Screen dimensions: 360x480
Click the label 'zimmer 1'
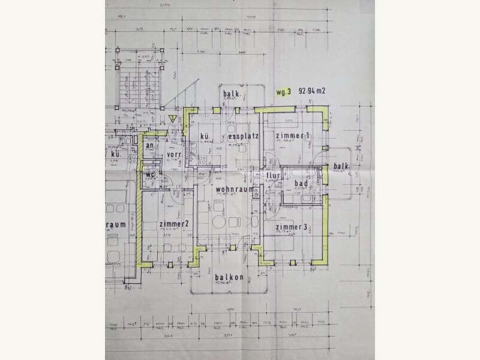293,137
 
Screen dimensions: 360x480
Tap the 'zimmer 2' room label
175,224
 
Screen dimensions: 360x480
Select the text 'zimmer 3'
292,227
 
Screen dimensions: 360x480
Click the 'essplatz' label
243,137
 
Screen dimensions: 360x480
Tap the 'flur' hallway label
274,177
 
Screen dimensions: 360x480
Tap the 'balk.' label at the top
232,95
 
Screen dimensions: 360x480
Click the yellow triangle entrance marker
172,118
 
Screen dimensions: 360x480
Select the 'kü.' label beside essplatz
205,137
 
